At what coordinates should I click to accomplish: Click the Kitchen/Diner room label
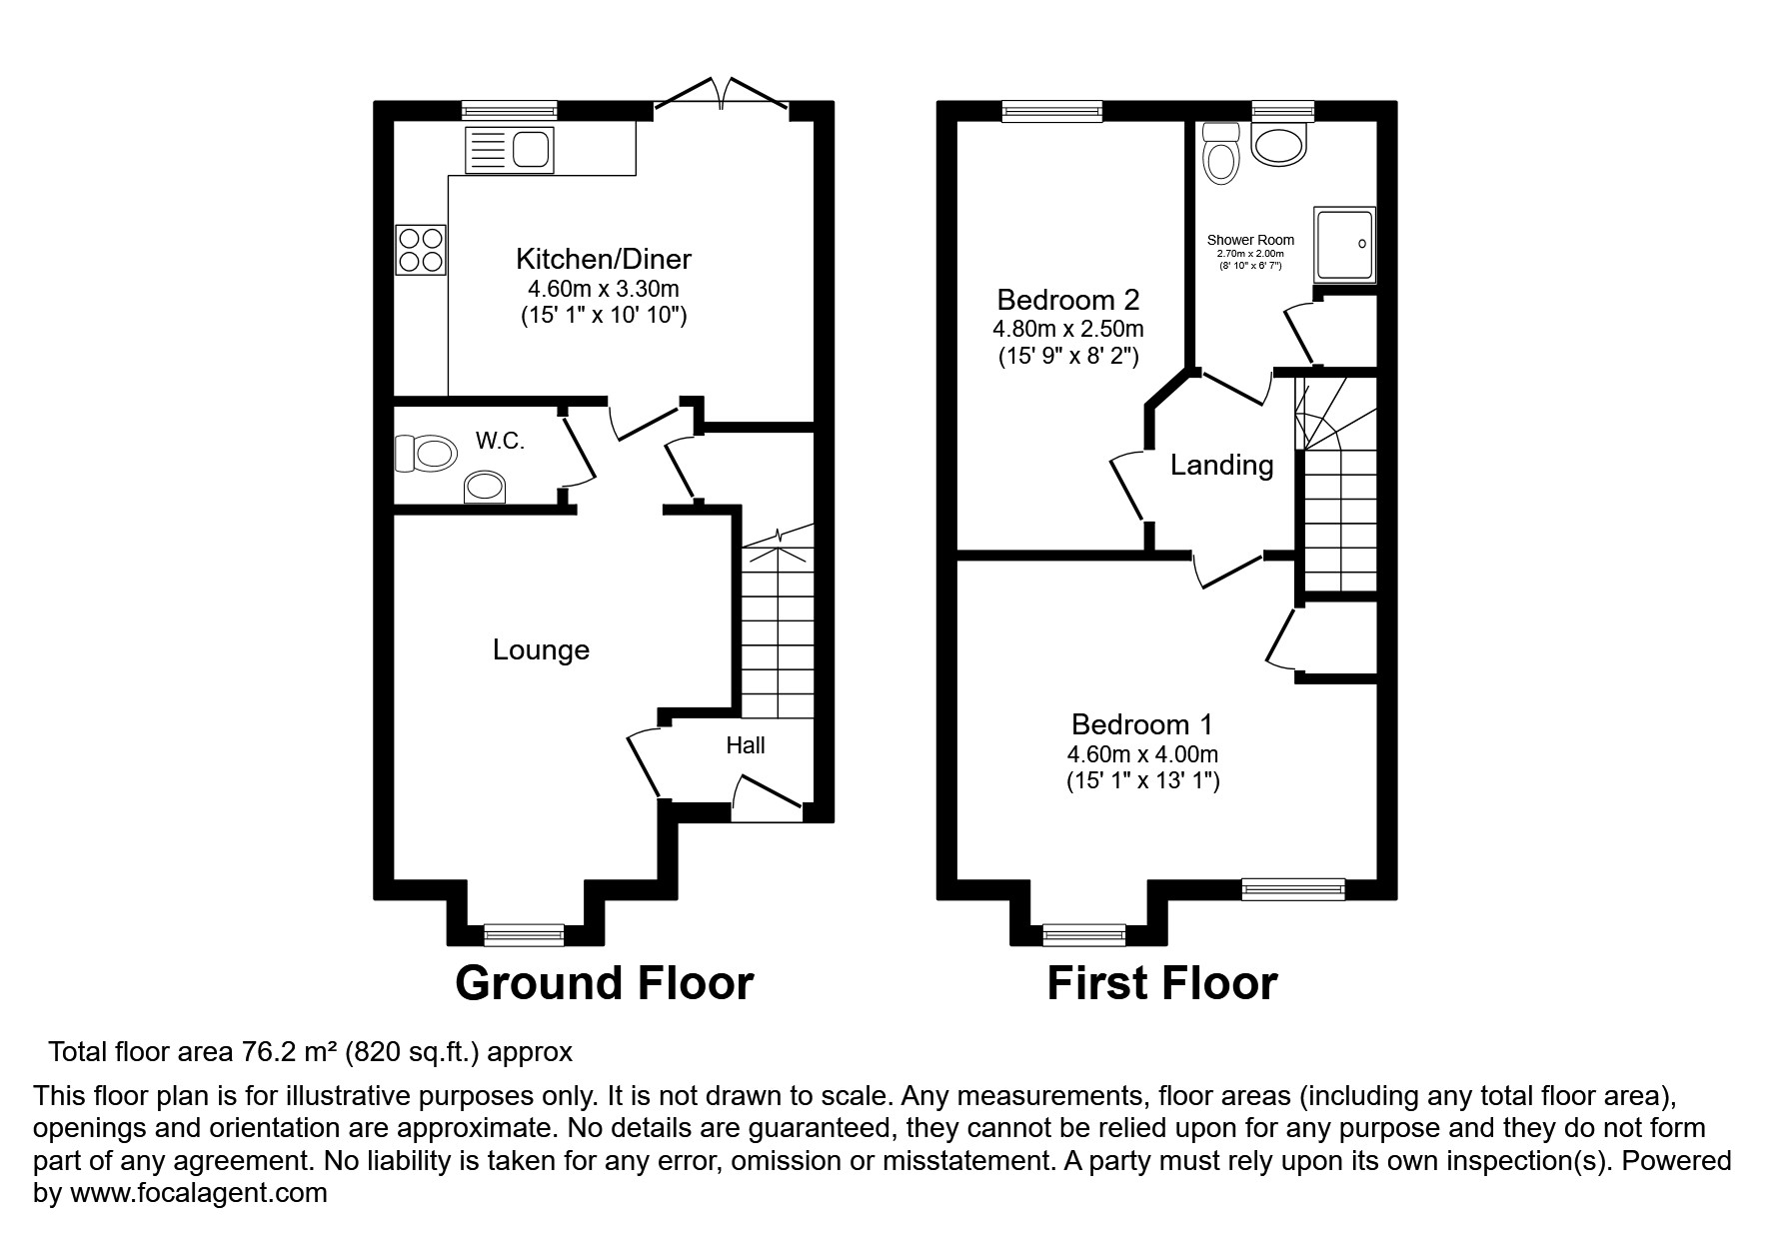coord(603,260)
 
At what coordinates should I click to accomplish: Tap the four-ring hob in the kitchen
coord(420,250)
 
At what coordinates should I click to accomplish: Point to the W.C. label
coord(500,441)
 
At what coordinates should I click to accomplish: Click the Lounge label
coord(541,650)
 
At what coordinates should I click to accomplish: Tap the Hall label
coord(746,745)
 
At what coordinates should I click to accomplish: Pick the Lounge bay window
coord(524,934)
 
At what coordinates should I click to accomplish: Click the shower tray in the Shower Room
coord(1344,243)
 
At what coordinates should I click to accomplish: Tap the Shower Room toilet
coord(1220,156)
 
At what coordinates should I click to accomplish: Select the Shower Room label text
coord(1250,240)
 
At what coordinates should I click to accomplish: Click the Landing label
coord(1221,466)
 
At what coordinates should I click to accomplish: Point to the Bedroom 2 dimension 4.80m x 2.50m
coord(1067,329)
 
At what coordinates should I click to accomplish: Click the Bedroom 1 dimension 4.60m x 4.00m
coord(1142,754)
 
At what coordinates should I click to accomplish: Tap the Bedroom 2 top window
coord(1051,111)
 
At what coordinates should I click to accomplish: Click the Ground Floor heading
coord(604,983)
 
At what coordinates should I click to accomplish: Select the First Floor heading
coord(1161,983)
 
